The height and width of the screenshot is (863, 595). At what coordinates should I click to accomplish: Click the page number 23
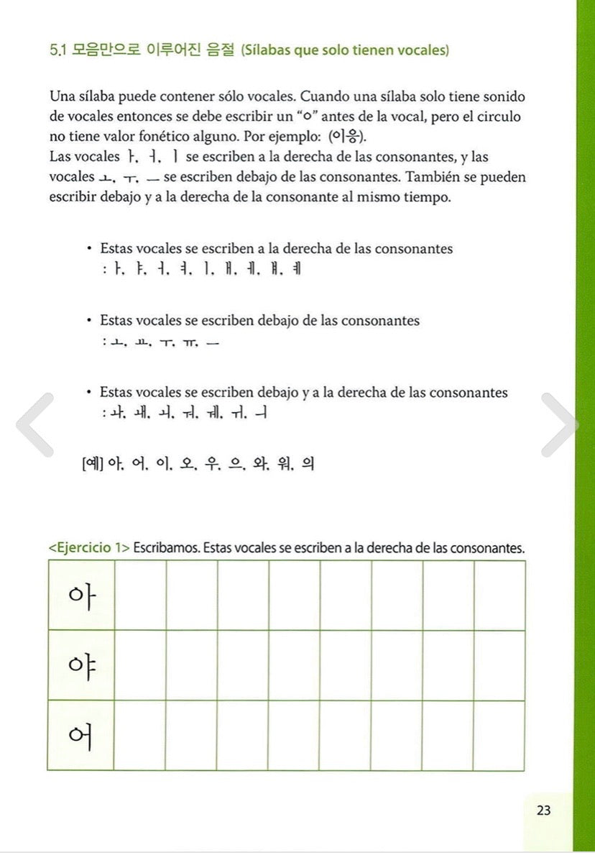(x=543, y=811)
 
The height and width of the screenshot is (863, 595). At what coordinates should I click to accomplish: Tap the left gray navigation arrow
(x=34, y=424)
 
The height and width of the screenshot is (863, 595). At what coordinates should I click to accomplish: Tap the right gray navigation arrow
(x=560, y=424)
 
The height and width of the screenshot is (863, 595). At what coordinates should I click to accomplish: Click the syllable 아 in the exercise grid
(x=81, y=595)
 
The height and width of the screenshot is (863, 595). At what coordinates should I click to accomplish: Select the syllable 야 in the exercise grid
(x=81, y=665)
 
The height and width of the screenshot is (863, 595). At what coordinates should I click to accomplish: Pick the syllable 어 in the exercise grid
(x=81, y=735)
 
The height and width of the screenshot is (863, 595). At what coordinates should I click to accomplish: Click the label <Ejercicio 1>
(x=89, y=548)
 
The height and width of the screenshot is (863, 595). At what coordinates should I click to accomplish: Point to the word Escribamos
(x=167, y=548)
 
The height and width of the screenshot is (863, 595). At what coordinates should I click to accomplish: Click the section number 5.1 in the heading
(x=58, y=51)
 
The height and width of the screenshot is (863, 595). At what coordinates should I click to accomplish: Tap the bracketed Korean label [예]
(x=93, y=465)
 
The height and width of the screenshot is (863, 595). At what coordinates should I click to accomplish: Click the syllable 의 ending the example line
(x=308, y=465)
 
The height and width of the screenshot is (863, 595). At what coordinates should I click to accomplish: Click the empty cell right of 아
(x=140, y=595)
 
